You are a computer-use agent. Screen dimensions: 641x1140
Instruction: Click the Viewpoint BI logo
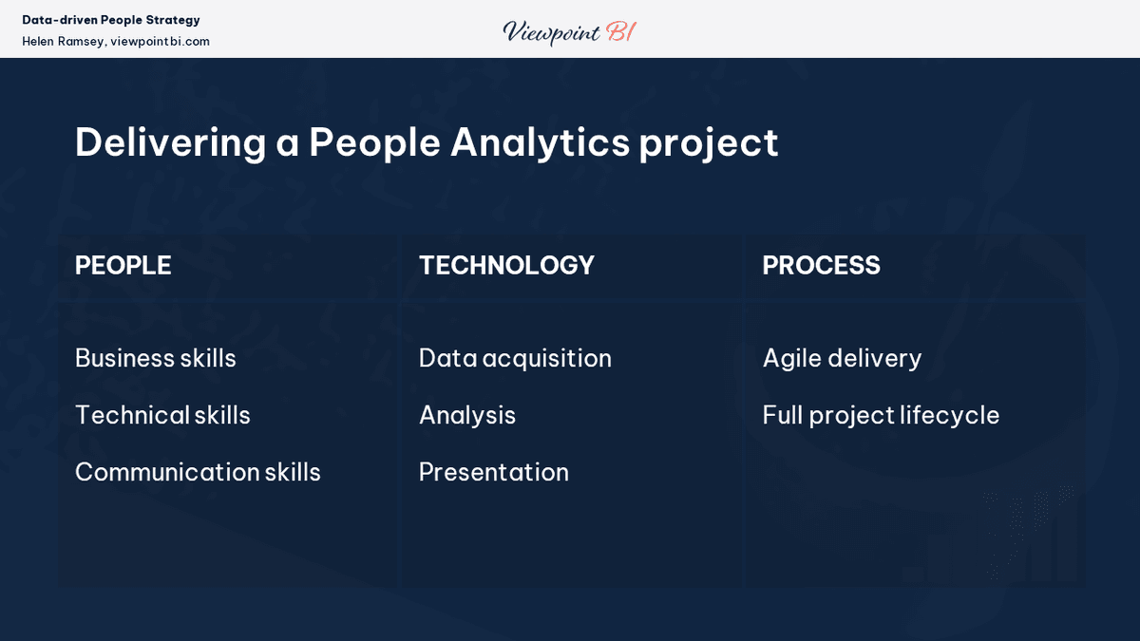[569, 31]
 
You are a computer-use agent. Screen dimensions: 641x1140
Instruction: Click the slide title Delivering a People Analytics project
[427, 142]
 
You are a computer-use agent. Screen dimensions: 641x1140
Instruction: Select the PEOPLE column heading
[123, 266]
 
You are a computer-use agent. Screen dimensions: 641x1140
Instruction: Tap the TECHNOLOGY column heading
[506, 266]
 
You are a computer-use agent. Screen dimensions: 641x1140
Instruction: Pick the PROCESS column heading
[821, 266]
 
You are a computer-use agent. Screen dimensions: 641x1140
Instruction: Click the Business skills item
[156, 358]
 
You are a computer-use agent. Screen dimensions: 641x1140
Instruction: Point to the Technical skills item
[162, 415]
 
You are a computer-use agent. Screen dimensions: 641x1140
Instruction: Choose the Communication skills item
[198, 472]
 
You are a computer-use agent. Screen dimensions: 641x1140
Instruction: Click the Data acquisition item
[515, 358]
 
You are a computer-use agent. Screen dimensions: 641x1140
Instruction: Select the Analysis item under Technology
[467, 416]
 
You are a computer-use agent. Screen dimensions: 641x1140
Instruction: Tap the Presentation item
[494, 472]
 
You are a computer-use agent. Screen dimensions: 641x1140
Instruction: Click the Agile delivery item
[842, 358]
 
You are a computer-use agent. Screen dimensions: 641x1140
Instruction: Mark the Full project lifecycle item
[881, 416]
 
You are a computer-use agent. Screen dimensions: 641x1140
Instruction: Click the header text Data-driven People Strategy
[111, 20]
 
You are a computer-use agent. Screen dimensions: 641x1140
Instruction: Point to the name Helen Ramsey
[63, 42]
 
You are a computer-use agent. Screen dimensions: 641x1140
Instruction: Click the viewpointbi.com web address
[160, 42]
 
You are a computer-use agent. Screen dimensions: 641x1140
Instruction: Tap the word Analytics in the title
[540, 142]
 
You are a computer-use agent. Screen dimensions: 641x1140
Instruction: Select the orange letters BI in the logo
[620, 31]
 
